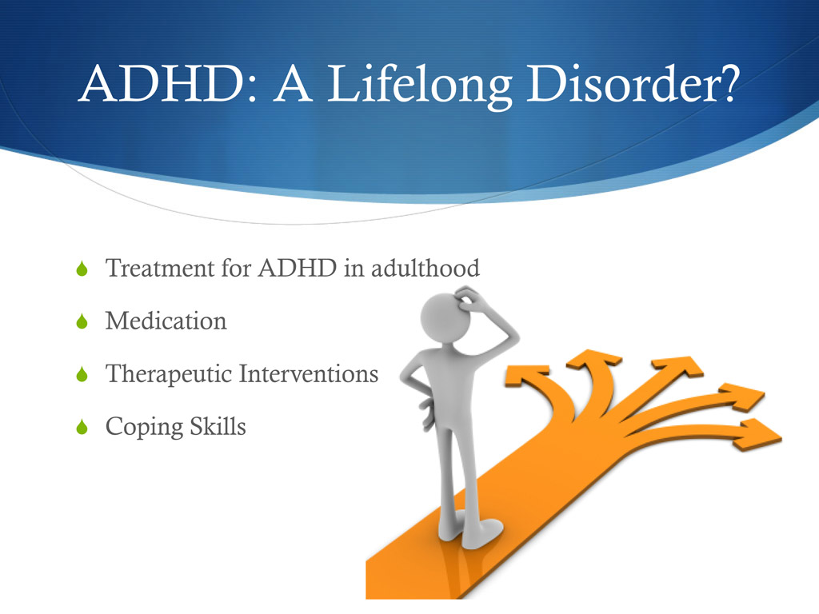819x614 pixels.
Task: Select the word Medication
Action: pos(166,321)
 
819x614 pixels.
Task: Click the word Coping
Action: pos(142,428)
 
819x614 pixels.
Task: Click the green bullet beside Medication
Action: pos(80,323)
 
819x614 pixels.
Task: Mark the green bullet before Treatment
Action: pos(80,270)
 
